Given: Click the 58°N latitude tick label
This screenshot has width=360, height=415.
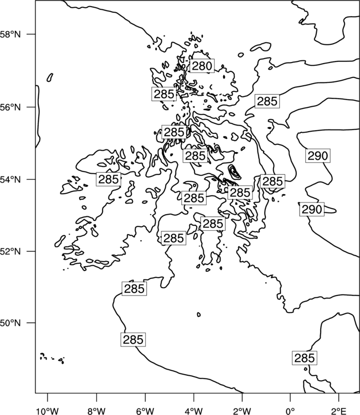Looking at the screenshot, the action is pyautogui.click(x=11, y=34).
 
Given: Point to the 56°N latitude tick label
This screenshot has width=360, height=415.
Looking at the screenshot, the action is pyautogui.click(x=11, y=107).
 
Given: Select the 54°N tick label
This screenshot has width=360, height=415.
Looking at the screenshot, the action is pyautogui.click(x=11, y=180).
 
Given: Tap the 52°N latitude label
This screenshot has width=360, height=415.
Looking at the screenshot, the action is pyautogui.click(x=11, y=251).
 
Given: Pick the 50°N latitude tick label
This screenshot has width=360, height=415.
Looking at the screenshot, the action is pyautogui.click(x=11, y=323).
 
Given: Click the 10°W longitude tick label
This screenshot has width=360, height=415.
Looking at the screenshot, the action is pyautogui.click(x=48, y=411).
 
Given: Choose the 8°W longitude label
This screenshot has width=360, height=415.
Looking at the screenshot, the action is pyautogui.click(x=96, y=411).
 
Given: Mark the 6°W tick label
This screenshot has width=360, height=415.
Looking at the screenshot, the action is pyautogui.click(x=145, y=411).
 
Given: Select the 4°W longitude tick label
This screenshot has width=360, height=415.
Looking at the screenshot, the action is pyautogui.click(x=194, y=411).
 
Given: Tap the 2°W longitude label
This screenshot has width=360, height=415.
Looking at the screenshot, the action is pyautogui.click(x=242, y=411).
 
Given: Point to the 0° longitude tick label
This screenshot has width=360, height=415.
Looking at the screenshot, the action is pyautogui.click(x=290, y=411).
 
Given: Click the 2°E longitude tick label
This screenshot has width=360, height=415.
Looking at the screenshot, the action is pyautogui.click(x=339, y=411).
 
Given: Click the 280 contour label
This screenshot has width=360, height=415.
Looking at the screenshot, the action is pyautogui.click(x=202, y=66).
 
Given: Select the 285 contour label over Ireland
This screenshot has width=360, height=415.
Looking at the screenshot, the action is pyautogui.click(x=109, y=179).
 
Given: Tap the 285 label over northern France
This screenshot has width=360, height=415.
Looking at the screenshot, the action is pyautogui.click(x=305, y=358).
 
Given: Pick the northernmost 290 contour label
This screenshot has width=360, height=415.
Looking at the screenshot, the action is pyautogui.click(x=318, y=156).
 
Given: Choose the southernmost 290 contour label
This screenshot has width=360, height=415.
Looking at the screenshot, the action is pyautogui.click(x=312, y=209).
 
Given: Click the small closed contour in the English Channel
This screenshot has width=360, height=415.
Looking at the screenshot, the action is pyautogui.click(x=199, y=314).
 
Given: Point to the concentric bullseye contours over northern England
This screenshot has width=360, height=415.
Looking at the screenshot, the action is pyautogui.click(x=234, y=172).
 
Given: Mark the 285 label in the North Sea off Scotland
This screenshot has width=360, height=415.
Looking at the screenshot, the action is pyautogui.click(x=267, y=101).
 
